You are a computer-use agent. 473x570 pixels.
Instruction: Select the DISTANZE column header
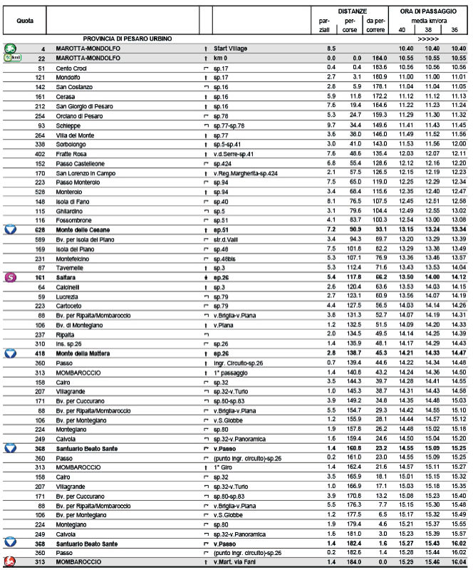(x=353, y=11)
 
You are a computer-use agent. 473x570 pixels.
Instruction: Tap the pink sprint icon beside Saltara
(x=11, y=276)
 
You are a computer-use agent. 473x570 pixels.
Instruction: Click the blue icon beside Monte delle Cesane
(x=11, y=229)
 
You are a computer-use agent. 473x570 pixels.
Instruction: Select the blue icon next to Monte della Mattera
(x=11, y=353)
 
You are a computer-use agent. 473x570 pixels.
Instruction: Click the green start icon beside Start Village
(x=11, y=48)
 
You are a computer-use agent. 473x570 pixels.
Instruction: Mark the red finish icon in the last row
(x=11, y=563)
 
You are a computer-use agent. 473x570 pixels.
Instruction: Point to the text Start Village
(x=230, y=48)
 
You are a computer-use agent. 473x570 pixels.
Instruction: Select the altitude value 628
(x=39, y=229)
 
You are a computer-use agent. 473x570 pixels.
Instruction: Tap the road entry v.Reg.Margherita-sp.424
(x=244, y=172)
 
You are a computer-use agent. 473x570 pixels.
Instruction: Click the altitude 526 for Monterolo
(x=39, y=190)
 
